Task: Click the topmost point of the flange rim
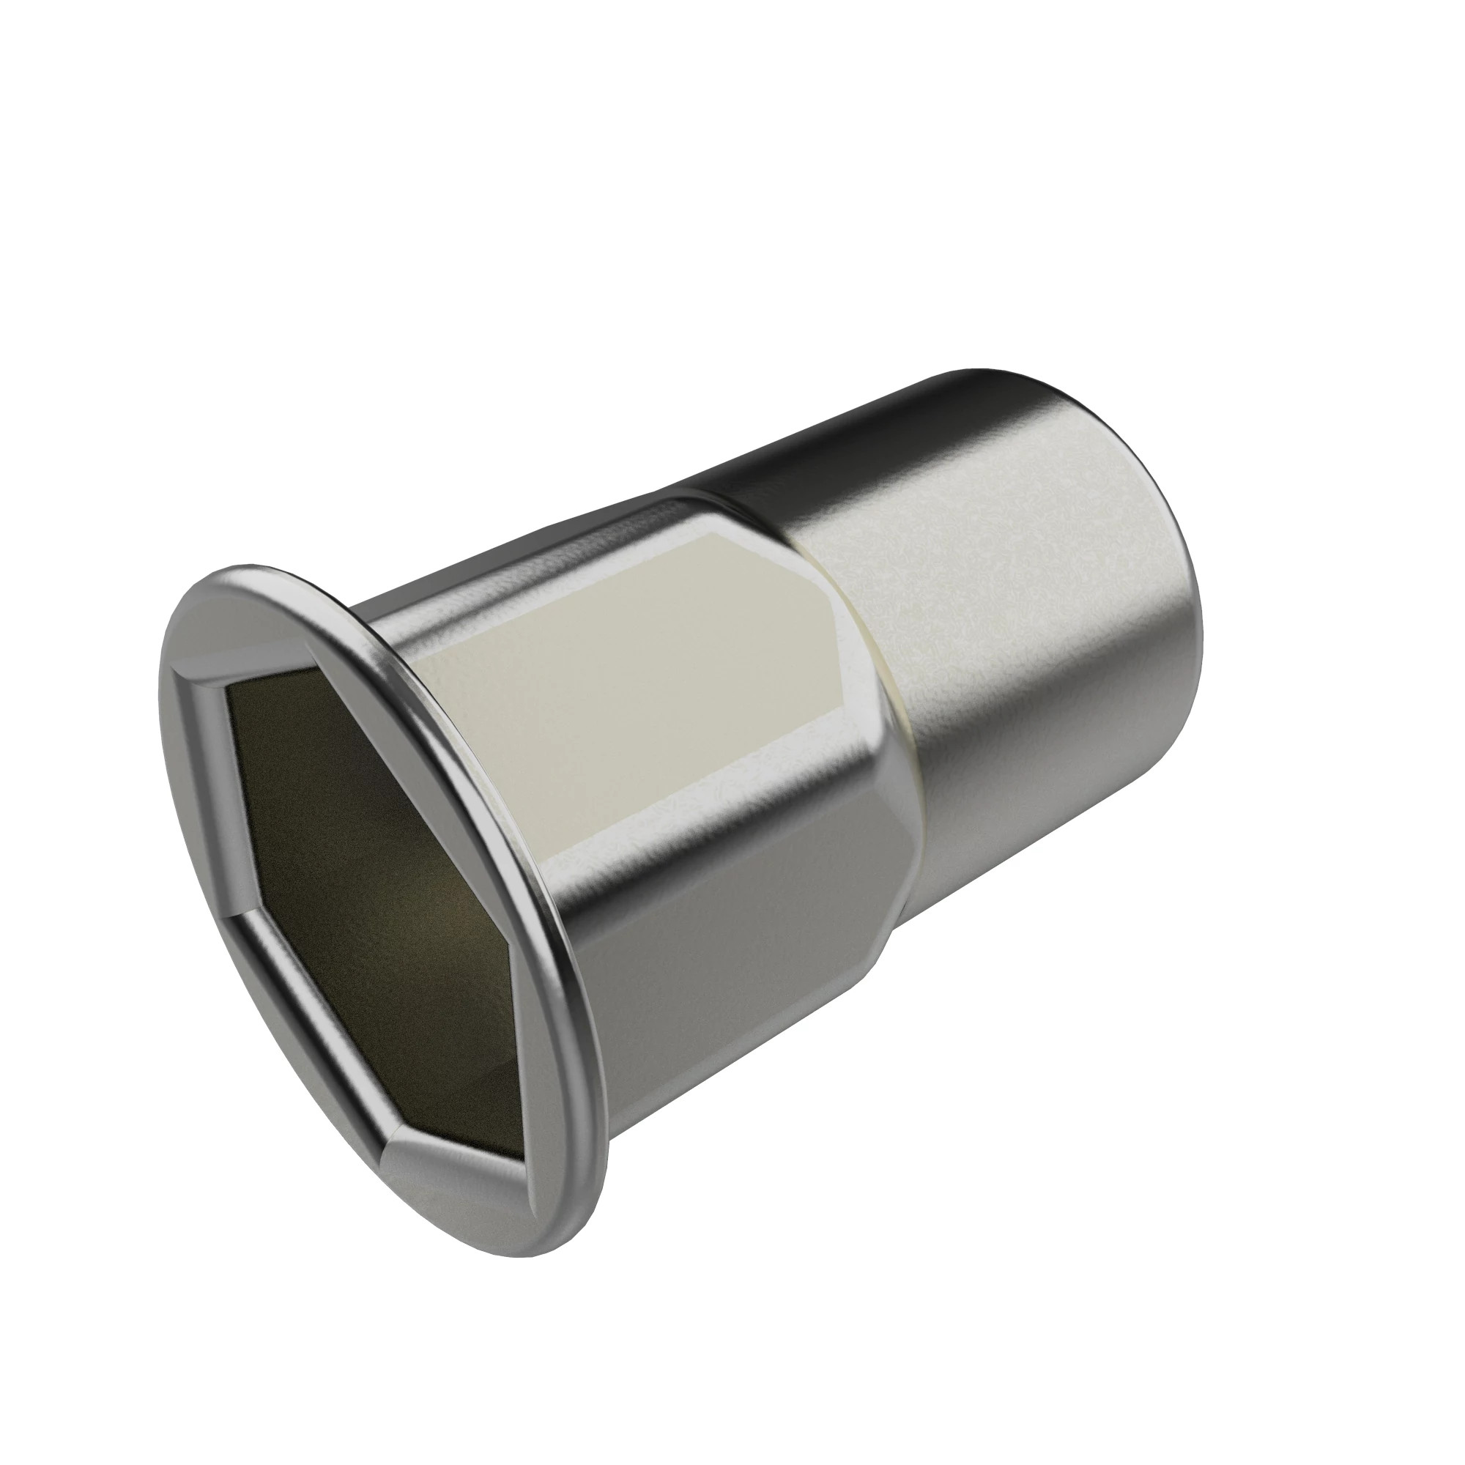[251, 565]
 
